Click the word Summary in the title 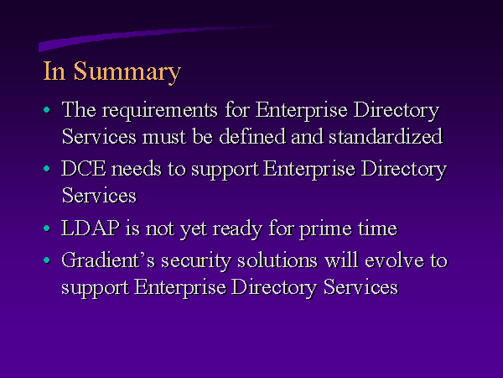coord(127,72)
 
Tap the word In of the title coord(54,71)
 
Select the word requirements coord(160,111)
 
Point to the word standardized coord(386,136)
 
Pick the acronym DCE coord(83,169)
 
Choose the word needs coord(137,169)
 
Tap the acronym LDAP coord(91,228)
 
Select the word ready coord(238,229)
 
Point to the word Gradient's coord(108,260)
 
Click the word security coord(195,261)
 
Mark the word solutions coord(277,260)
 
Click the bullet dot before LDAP coord(47,228)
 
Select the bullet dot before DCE coord(47,169)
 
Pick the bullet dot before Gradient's coord(47,260)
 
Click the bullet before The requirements coord(47,109)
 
